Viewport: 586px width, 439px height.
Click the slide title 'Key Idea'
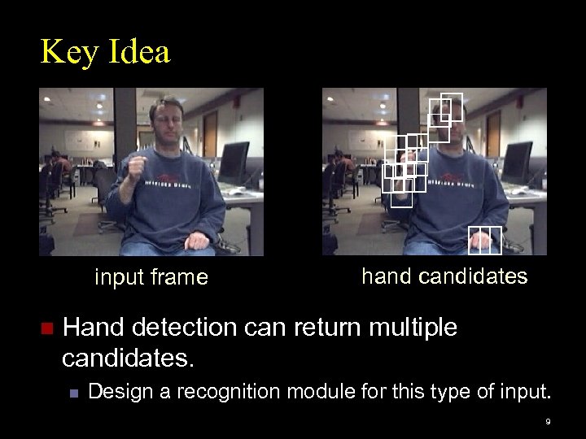(x=106, y=53)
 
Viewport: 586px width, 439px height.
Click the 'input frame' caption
(x=151, y=278)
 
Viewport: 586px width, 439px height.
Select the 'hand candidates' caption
(x=444, y=276)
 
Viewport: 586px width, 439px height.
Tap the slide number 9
(x=549, y=422)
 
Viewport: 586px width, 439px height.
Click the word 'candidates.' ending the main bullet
(x=129, y=356)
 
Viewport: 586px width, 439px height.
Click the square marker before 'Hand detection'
(x=46, y=329)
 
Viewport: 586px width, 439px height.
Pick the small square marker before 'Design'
(x=74, y=393)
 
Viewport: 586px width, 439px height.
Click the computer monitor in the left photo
(x=235, y=163)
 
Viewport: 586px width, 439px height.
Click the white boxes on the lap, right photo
(x=485, y=237)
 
